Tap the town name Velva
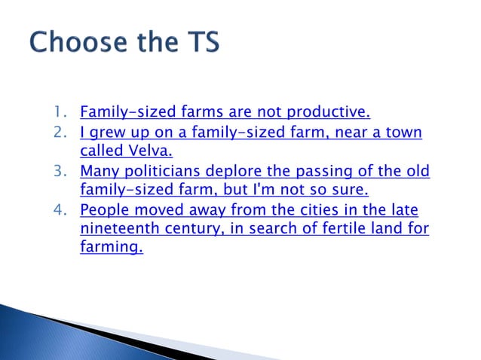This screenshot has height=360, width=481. point(152,152)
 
